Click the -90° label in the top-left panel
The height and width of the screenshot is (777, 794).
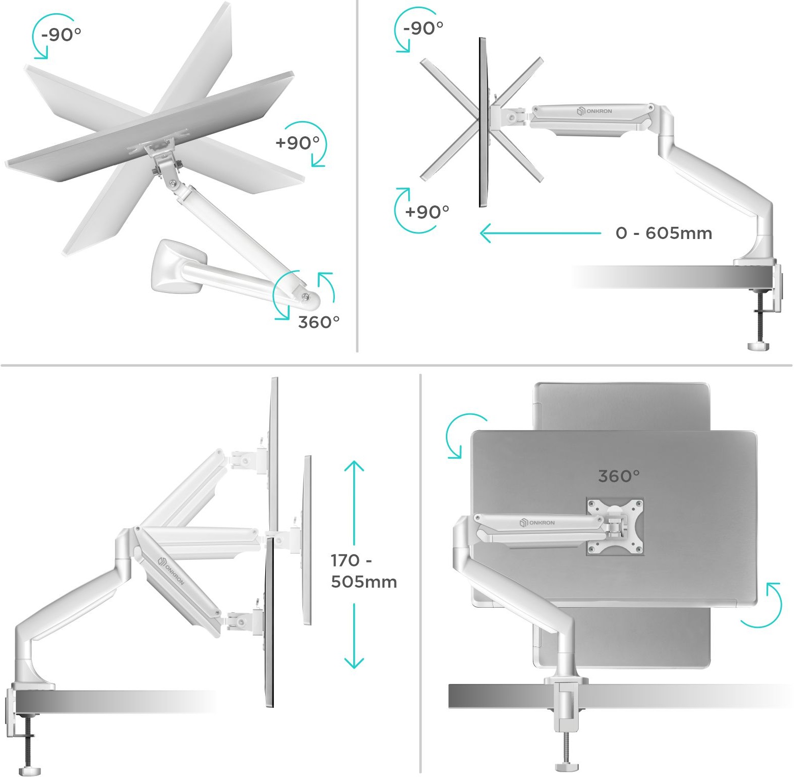pyautogui.click(x=61, y=35)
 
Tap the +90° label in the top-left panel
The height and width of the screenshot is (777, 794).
pyautogui.click(x=297, y=143)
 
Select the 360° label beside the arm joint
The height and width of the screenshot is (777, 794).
pyautogui.click(x=319, y=322)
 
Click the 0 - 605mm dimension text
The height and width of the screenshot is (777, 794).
pyautogui.click(x=664, y=233)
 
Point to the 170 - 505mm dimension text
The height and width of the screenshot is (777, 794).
pyautogui.click(x=363, y=571)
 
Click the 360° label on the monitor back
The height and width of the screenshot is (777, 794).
pyautogui.click(x=619, y=476)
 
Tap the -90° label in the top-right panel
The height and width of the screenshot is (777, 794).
pyautogui.click(x=423, y=28)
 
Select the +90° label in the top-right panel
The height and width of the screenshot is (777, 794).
pyautogui.click(x=427, y=212)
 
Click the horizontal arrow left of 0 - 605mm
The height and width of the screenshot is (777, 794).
pyautogui.click(x=541, y=233)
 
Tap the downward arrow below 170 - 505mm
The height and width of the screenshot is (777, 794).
pyautogui.click(x=354, y=636)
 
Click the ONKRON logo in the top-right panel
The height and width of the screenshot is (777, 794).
pyautogui.click(x=594, y=111)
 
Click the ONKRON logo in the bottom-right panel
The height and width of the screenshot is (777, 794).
pyautogui.click(x=537, y=523)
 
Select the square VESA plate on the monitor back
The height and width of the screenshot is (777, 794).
pyautogui.click(x=615, y=526)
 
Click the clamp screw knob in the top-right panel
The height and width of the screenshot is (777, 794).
pyautogui.click(x=758, y=346)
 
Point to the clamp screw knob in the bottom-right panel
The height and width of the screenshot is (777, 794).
pyautogui.click(x=566, y=766)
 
